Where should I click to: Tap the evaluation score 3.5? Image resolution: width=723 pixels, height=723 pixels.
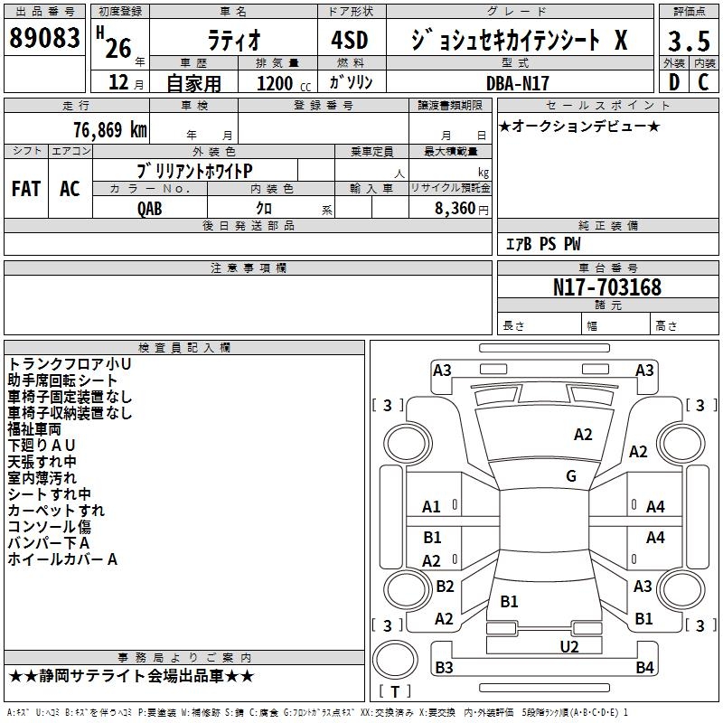[688, 41]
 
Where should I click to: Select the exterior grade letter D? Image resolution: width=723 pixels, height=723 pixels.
[673, 82]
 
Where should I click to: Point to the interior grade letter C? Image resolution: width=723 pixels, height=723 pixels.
[703, 82]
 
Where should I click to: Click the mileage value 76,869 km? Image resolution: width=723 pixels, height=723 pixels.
[109, 129]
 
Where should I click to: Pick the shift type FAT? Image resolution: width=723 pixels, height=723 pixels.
[26, 189]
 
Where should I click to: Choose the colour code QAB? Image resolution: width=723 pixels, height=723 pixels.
[150, 209]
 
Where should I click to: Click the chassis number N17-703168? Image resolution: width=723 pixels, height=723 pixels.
[607, 287]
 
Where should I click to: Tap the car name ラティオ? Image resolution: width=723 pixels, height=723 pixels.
[232, 41]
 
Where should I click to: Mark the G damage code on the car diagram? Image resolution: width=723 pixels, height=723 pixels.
[571, 476]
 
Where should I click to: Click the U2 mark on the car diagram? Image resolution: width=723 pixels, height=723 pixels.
[569, 646]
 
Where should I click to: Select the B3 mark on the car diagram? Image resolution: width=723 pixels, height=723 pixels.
[444, 668]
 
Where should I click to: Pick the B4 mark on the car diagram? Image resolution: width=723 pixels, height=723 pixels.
[644, 668]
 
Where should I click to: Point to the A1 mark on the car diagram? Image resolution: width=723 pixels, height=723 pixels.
[431, 507]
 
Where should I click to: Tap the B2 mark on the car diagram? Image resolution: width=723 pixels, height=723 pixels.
[445, 587]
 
